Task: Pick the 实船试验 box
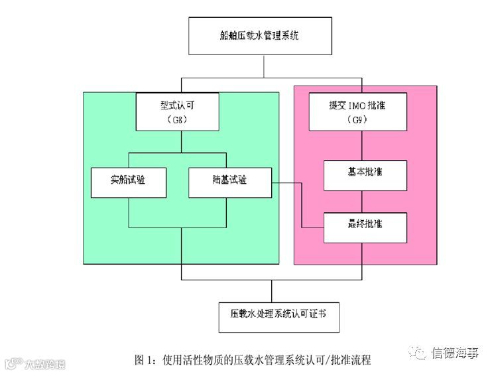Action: pos(128,181)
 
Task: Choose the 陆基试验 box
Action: pos(230,181)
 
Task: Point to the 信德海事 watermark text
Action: pos(454,352)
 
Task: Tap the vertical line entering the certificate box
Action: pos(272,291)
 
